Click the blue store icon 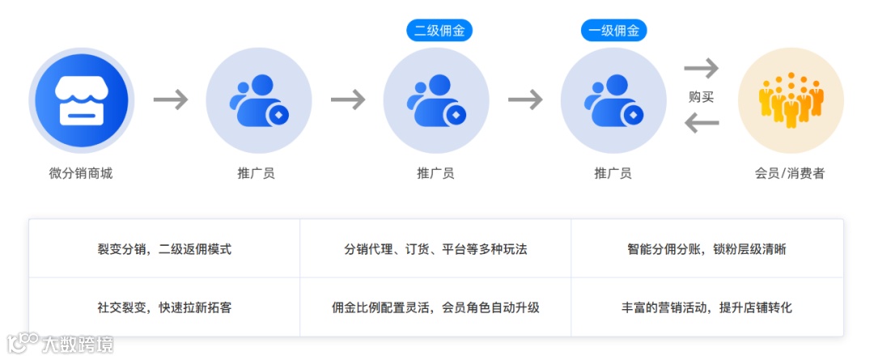point(80,100)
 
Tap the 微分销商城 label point(80,173)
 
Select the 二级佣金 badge point(439,31)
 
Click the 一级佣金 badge point(613,31)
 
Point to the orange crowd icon point(791,100)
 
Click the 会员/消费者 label point(790,173)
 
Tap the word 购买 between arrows point(701,97)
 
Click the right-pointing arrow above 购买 point(701,69)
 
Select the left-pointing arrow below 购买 point(701,124)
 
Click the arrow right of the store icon point(171,100)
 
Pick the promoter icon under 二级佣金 point(435,100)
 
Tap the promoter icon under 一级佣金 point(613,100)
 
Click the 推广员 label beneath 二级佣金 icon point(435,173)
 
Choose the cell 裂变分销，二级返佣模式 point(164,249)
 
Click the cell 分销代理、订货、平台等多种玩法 point(435,249)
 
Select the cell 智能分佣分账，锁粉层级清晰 point(706,249)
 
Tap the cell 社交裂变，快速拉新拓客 point(164,307)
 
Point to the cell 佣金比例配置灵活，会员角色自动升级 point(435,307)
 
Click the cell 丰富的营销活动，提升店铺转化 point(706,307)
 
